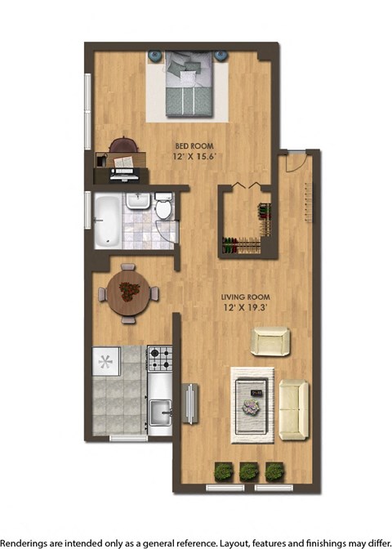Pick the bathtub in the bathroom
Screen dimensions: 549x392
pos(107,219)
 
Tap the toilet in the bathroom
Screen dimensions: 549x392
pos(163,208)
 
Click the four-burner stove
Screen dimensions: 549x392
pos(159,358)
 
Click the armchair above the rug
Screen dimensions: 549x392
pos(269,341)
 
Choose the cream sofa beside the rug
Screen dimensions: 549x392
pos(294,408)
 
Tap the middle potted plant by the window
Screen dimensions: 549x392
pos(249,471)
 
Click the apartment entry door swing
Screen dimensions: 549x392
pos(296,158)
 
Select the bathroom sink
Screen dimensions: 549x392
pos(137,201)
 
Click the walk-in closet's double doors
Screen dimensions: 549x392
pos(245,185)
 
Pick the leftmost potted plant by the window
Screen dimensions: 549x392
pos(223,471)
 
